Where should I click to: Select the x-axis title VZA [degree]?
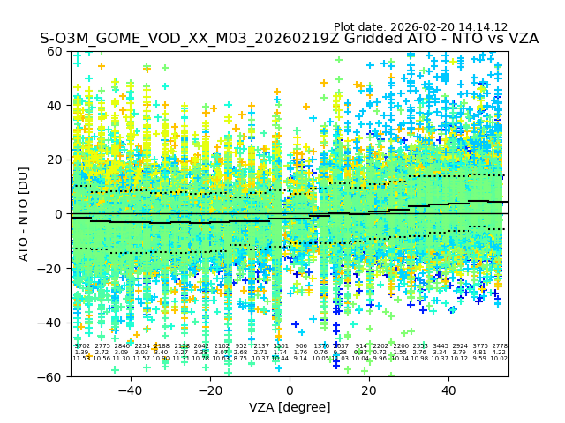point(290,407)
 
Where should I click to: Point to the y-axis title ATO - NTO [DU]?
point(24,213)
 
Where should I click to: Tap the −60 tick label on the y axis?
point(53,376)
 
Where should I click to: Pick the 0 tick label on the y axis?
point(60,214)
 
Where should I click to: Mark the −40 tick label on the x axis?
point(130,390)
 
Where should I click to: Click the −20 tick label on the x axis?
point(209,390)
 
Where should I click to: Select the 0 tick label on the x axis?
point(290,390)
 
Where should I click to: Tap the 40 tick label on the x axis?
point(448,390)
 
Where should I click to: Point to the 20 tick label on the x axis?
point(369,390)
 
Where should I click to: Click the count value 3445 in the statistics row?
point(441,346)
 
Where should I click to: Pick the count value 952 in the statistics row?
point(241,346)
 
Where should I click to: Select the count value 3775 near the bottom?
point(480,346)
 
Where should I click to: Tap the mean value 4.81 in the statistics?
point(480,352)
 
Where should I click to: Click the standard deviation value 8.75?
point(241,359)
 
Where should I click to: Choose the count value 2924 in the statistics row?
point(460,346)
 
